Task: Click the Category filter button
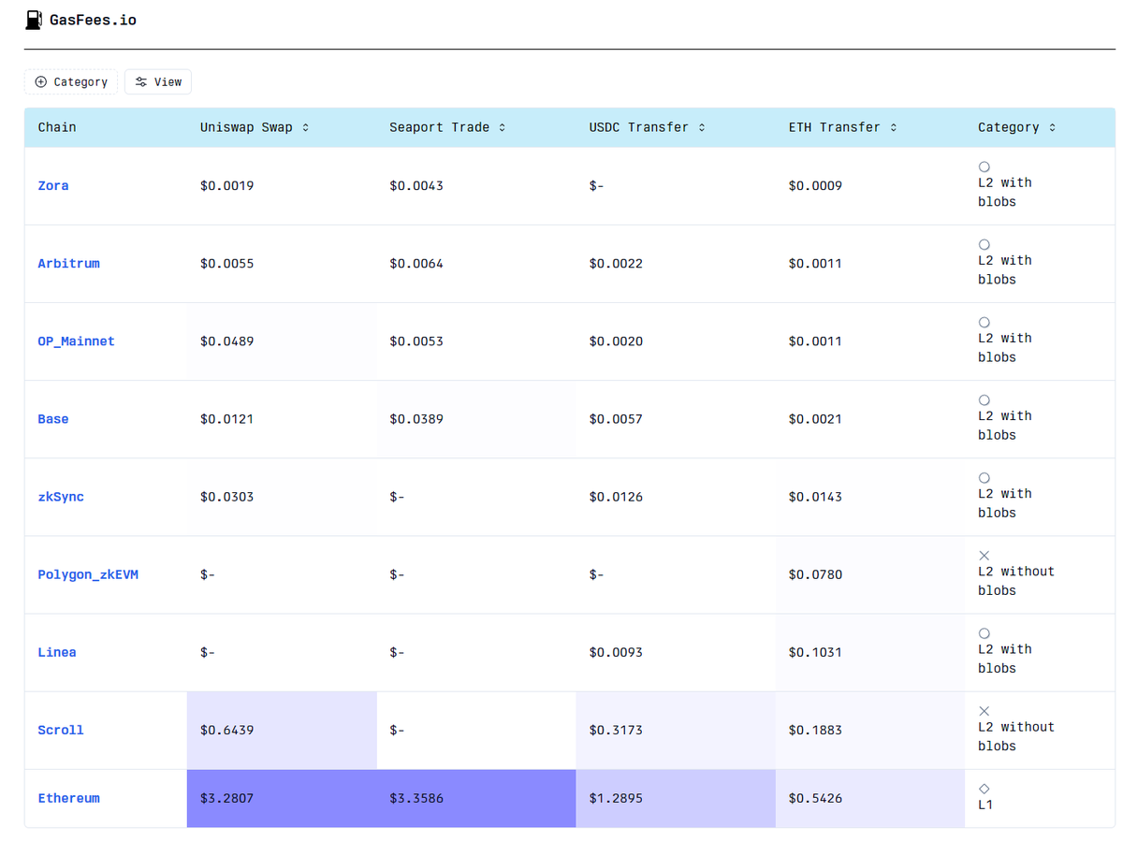pyautogui.click(x=71, y=82)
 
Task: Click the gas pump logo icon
pyautogui.click(x=34, y=20)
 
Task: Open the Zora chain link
pyautogui.click(x=53, y=186)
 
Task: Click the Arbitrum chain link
pyautogui.click(x=68, y=264)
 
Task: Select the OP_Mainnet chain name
pyautogui.click(x=76, y=341)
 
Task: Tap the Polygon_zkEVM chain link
pyautogui.click(x=88, y=574)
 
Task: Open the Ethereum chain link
pyautogui.click(x=68, y=798)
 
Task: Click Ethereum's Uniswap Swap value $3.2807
pyautogui.click(x=226, y=798)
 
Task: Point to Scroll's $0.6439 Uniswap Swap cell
pyautogui.click(x=226, y=730)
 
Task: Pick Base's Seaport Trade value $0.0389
pyautogui.click(x=416, y=419)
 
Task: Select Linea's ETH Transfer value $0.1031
pyautogui.click(x=815, y=652)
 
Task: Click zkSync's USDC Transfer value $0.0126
pyautogui.click(x=616, y=497)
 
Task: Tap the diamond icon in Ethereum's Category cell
pyautogui.click(x=984, y=789)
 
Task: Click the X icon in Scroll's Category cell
pyautogui.click(x=984, y=711)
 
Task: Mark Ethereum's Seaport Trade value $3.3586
pyautogui.click(x=416, y=798)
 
